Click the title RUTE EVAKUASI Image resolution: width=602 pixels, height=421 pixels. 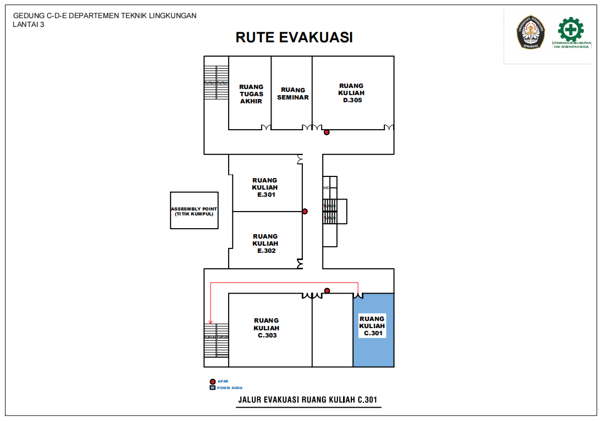pos(294,37)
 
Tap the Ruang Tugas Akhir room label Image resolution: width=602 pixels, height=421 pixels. pos(251,94)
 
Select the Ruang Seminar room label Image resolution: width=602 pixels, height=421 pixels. pos(293,93)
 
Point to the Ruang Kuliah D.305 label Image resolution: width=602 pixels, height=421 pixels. pos(351,93)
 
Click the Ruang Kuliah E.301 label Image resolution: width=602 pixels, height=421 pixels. pos(265,187)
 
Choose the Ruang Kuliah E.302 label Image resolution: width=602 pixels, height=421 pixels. pos(266,243)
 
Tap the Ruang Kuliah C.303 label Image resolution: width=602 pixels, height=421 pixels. pos(267,328)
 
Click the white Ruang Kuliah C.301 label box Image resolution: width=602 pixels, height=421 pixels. pos(372,326)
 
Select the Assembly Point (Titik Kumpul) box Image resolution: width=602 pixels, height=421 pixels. pos(195,210)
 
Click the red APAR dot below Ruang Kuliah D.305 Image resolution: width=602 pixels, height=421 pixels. pos(327,132)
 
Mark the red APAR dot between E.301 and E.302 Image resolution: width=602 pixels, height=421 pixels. pos(305,211)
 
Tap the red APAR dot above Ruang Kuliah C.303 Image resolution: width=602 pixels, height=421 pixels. pos(327,291)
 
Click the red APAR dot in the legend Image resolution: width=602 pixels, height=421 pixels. pos(212,381)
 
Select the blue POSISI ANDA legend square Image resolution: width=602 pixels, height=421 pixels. pos(212,387)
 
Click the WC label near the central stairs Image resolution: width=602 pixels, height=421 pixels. pos(326,188)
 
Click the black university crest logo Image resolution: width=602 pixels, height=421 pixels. pos(531,32)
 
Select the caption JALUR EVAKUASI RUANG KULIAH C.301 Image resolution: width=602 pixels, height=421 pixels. pos(307,400)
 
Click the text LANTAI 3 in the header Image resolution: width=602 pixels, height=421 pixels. pos(29,24)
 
